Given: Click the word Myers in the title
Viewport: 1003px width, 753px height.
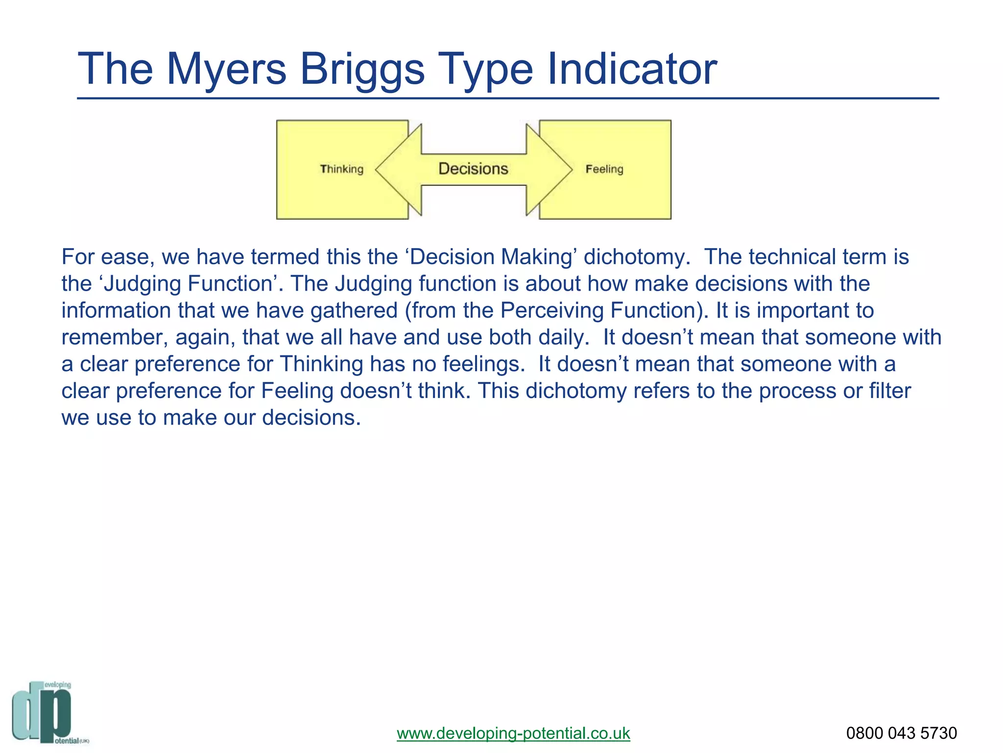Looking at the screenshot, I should click(226, 70).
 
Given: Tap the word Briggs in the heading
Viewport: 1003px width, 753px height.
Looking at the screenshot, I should click(362, 70).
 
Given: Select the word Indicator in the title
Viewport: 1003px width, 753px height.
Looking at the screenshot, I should click(632, 70).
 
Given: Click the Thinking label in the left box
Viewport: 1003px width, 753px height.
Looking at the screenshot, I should click(342, 169).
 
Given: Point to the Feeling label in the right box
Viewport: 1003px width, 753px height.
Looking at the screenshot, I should click(604, 169).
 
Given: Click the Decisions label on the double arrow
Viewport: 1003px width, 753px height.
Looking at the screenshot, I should click(473, 169).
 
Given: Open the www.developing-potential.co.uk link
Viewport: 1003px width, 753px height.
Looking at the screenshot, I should click(513, 733).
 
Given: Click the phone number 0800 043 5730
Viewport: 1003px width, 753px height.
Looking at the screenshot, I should click(901, 733).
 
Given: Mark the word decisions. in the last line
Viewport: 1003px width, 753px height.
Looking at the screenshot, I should click(311, 418).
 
